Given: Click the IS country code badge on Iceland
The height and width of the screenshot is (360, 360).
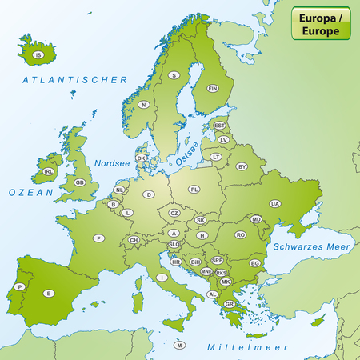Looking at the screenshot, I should click(x=38, y=55).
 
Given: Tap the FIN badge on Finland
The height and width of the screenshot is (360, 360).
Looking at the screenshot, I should click(x=213, y=89).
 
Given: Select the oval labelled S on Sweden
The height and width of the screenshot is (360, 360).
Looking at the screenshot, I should click(x=174, y=75).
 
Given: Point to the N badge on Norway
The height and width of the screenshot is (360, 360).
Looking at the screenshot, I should click(x=144, y=105).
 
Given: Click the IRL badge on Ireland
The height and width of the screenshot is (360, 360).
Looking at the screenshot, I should click(x=49, y=171).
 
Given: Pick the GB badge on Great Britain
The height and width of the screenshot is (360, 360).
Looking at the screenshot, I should click(x=79, y=182).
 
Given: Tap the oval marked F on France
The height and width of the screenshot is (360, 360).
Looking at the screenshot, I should click(x=99, y=238).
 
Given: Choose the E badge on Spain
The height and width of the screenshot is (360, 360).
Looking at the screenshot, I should click(x=50, y=293).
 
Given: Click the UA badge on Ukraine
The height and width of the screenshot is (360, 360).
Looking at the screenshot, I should click(x=275, y=204).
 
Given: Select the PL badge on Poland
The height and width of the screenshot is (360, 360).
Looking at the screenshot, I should click(x=195, y=190).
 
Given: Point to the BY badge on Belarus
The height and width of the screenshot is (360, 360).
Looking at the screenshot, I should click(x=242, y=166).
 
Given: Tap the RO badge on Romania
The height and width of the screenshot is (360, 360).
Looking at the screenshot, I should click(x=240, y=235).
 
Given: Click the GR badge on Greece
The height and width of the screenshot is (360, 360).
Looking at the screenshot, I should click(x=230, y=304).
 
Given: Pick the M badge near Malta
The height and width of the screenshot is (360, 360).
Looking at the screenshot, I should click(x=180, y=345).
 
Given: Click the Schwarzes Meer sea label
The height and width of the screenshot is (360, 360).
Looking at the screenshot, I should click(x=310, y=247).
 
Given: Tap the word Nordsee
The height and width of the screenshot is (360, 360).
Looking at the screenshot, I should click(x=112, y=162).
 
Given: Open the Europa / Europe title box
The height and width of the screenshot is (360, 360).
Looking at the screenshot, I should click(x=323, y=24).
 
